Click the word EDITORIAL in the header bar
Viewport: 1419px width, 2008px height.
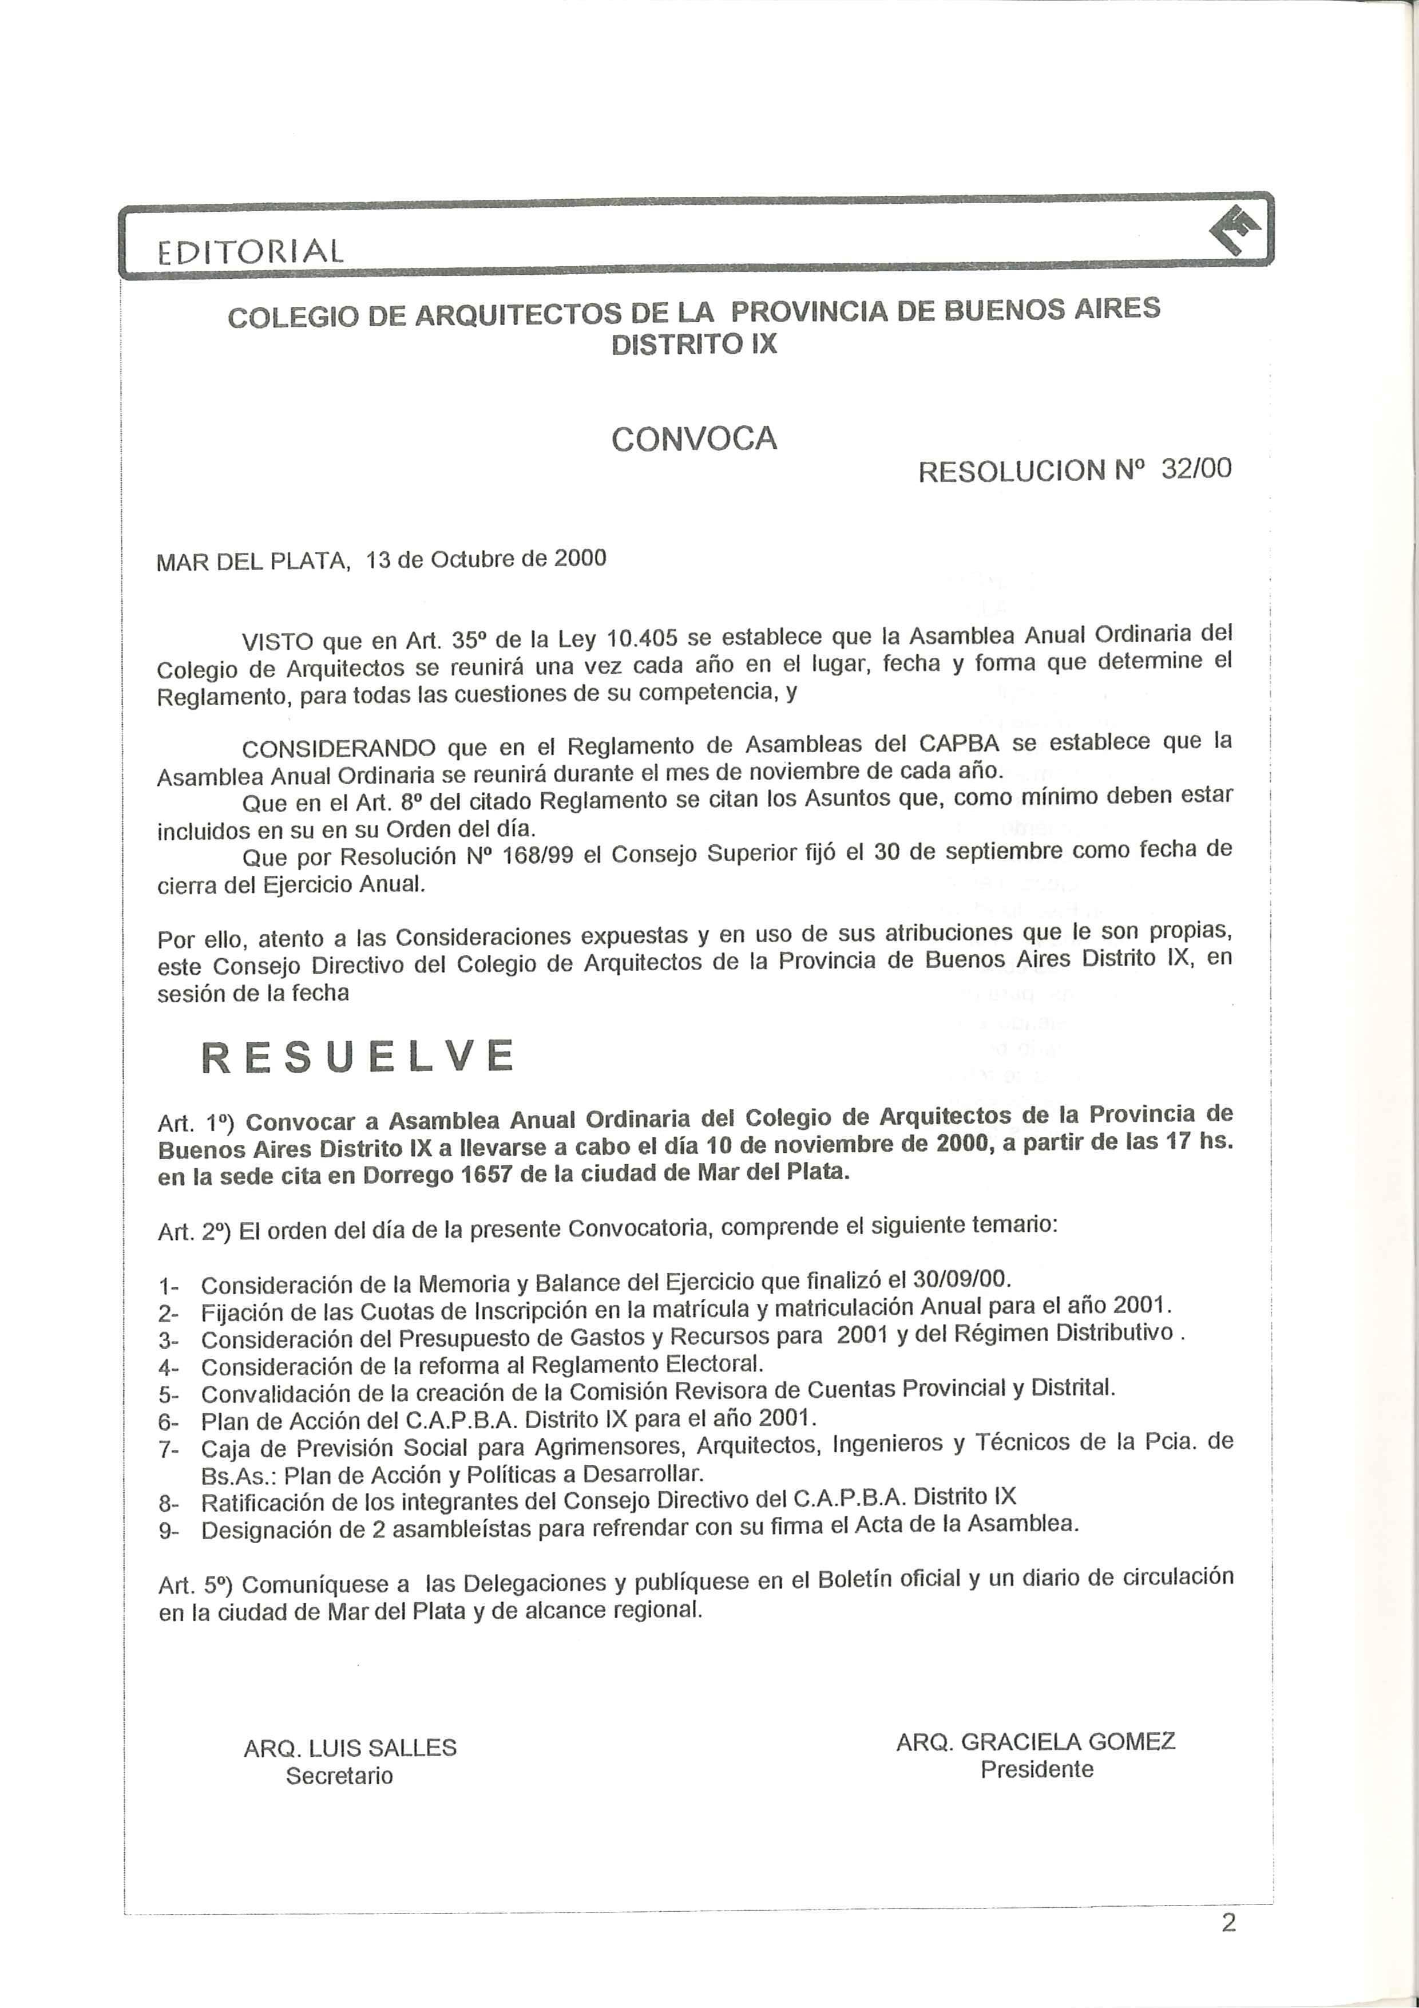(251, 252)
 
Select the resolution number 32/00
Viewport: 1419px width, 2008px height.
(1196, 469)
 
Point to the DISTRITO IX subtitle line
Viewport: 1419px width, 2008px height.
(693, 345)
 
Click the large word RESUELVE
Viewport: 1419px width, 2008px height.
(358, 1057)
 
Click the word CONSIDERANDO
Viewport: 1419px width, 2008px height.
(338, 749)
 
